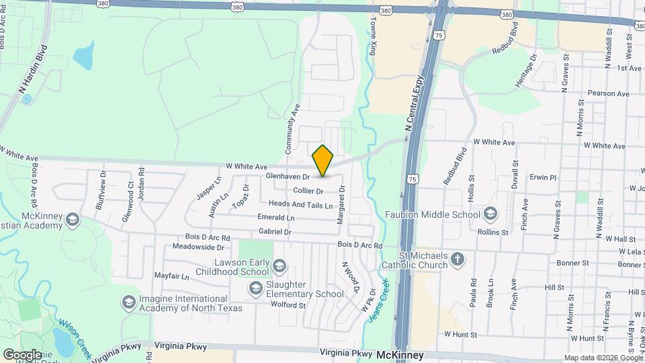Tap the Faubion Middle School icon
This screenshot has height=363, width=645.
pyautogui.click(x=490, y=214)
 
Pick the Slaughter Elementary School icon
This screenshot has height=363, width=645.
pyautogui.click(x=255, y=289)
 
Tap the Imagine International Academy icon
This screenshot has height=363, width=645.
pyautogui.click(x=127, y=303)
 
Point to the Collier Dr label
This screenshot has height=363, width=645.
pyautogui.click(x=308, y=191)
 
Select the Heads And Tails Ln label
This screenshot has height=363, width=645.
pyautogui.click(x=300, y=204)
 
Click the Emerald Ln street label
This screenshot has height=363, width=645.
pyautogui.click(x=275, y=218)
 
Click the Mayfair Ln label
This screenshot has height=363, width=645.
pyautogui.click(x=171, y=276)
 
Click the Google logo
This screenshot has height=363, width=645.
pyautogui.click(x=22, y=354)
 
